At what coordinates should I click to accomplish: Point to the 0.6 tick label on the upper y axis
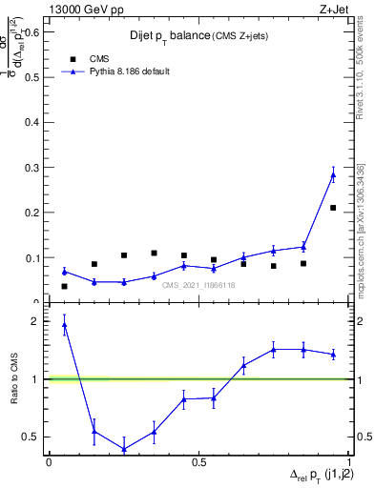point(31,31)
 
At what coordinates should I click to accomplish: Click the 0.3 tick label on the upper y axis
point(31,168)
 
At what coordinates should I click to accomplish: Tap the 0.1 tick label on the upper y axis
point(31,257)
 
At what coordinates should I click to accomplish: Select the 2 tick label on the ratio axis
point(37,321)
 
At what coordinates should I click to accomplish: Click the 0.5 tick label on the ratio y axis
point(32,437)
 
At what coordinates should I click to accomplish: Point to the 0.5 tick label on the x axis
point(198,462)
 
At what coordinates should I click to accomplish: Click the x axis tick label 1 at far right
point(348,462)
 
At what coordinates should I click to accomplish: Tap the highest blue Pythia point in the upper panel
point(333,174)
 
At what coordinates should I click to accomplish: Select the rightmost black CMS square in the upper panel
point(333,208)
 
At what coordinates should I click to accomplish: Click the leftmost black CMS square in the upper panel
point(64,286)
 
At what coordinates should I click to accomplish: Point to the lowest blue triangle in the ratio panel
point(124,449)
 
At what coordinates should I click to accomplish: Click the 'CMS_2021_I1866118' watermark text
point(198,284)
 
